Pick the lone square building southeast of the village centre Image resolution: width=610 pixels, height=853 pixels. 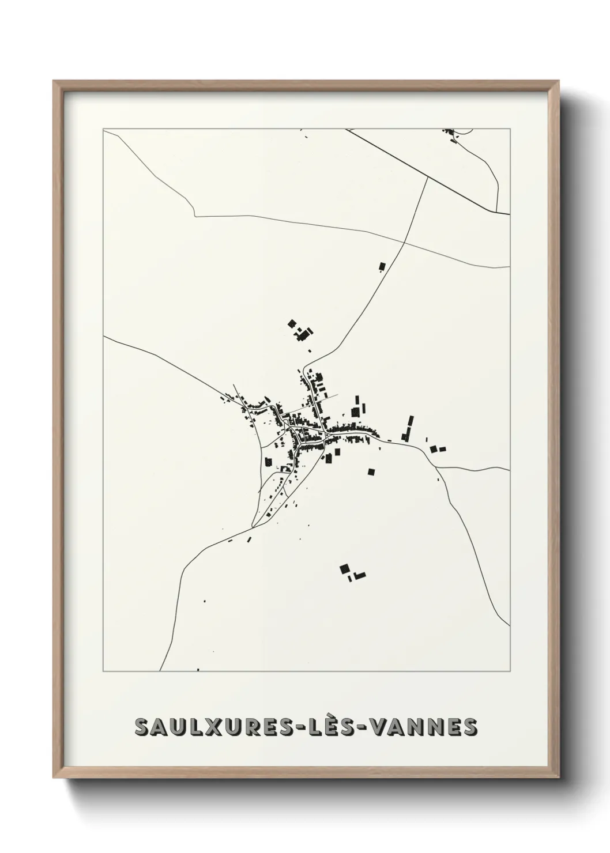coord(371,471)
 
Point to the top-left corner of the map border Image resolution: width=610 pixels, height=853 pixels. coord(103,130)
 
